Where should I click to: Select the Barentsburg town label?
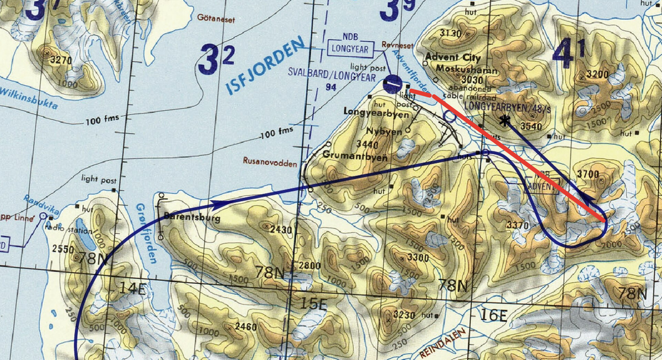point(192,218)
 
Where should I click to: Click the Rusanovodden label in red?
point(269,162)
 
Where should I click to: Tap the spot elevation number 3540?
point(531,126)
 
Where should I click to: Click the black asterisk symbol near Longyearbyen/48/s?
point(503,121)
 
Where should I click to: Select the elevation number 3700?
point(587,174)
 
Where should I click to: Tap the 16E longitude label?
point(493,315)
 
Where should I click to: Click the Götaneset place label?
point(216,19)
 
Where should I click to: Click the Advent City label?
point(453,58)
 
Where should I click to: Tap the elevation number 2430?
point(280,228)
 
